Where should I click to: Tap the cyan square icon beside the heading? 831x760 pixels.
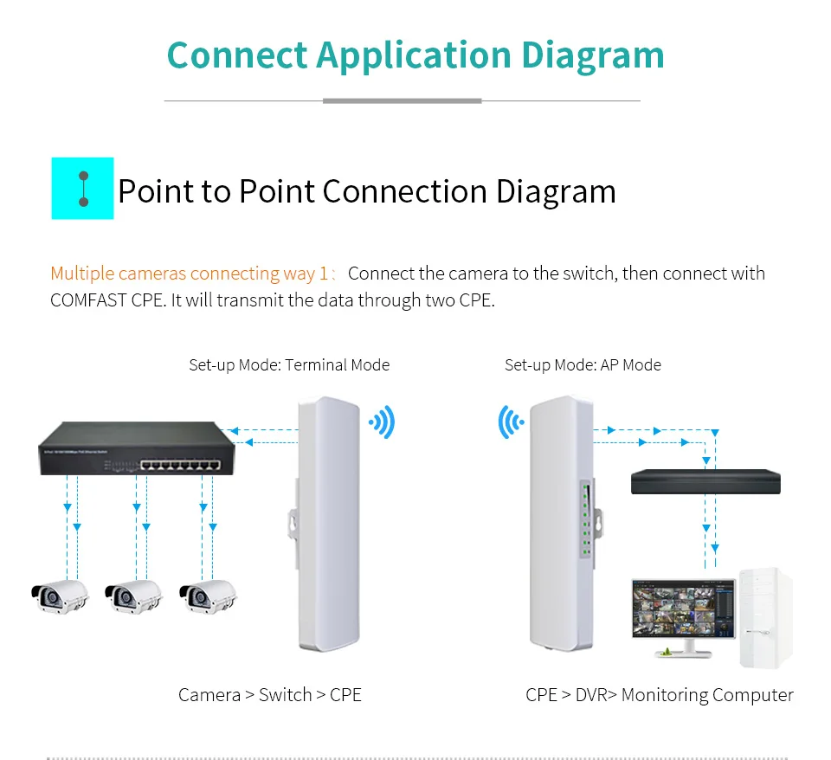(x=83, y=189)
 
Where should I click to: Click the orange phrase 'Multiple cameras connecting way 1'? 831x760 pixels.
(x=190, y=274)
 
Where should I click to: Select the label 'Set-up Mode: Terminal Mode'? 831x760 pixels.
(x=289, y=364)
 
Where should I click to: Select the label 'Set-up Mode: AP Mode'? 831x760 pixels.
(x=583, y=364)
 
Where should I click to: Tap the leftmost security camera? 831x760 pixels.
(x=60, y=596)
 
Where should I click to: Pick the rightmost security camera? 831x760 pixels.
(x=207, y=596)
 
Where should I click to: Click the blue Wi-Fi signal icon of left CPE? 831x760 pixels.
(x=382, y=422)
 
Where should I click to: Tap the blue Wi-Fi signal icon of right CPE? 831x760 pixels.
(x=511, y=422)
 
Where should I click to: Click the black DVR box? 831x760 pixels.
(x=705, y=482)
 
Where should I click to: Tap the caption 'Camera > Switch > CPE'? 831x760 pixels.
(x=270, y=695)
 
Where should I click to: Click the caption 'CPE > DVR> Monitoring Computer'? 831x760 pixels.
(x=659, y=695)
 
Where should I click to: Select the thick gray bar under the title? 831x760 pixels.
(x=402, y=101)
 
